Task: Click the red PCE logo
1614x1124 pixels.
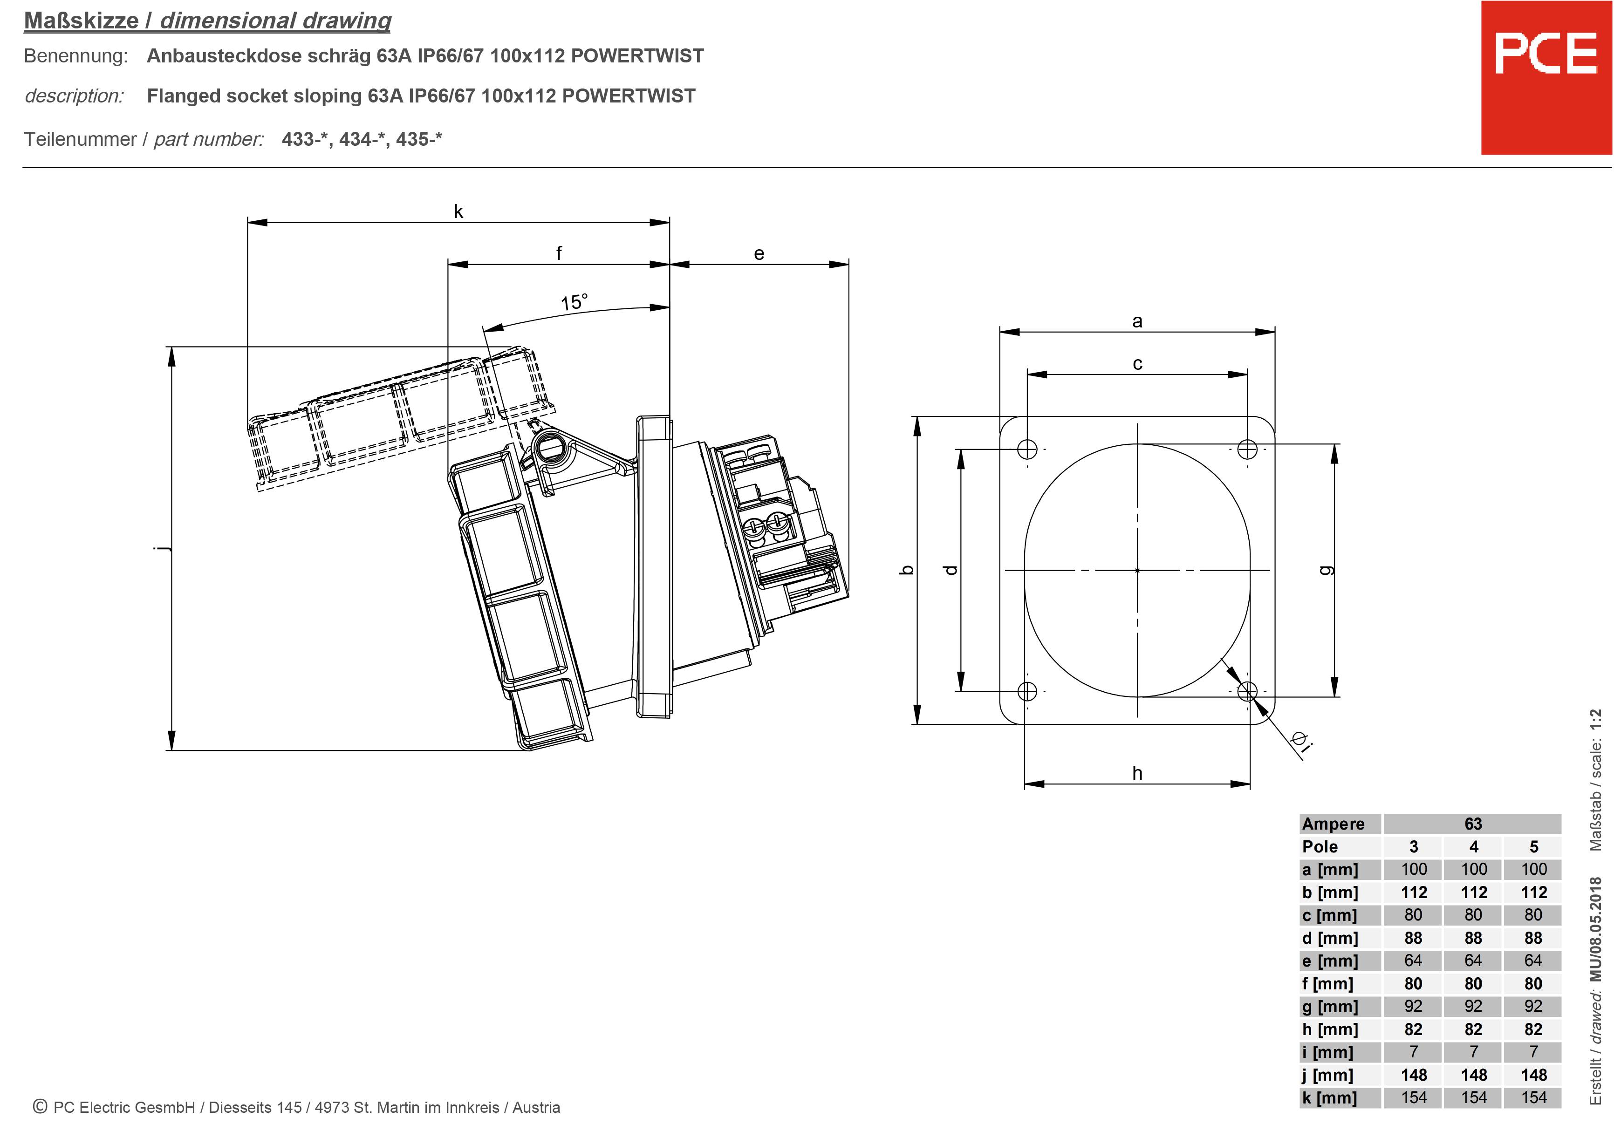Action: pos(1546,77)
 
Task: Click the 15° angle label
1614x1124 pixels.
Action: pos(574,302)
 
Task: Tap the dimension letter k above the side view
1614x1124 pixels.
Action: pos(458,211)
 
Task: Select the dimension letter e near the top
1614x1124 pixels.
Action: pos(759,254)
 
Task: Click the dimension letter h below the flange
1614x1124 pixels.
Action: pos(1137,773)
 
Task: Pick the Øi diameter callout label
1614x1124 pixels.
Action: pos(1300,742)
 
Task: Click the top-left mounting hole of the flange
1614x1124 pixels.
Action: pos(1027,449)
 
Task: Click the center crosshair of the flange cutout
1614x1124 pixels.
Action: pos(1137,570)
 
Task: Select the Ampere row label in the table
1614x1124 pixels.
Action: pos(1333,824)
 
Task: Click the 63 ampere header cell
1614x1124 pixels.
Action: pos(1473,824)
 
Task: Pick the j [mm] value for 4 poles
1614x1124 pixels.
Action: pos(1473,1075)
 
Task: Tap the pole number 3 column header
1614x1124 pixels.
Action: pos(1413,846)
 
